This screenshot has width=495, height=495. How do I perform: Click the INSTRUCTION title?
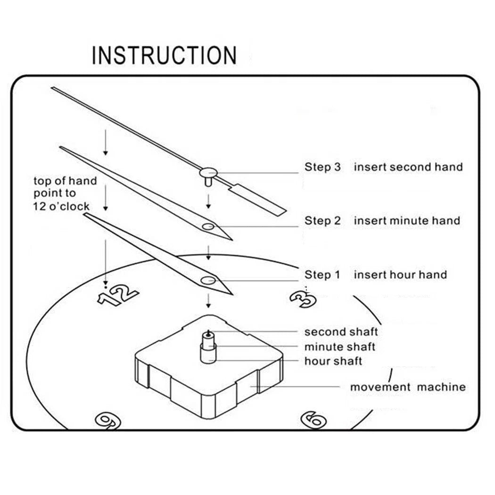[164, 56]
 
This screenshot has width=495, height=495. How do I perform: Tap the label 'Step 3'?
[322, 167]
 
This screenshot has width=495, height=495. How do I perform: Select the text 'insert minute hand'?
[407, 220]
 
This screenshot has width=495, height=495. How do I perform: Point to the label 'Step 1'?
[322, 275]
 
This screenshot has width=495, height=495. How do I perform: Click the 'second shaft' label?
[341, 332]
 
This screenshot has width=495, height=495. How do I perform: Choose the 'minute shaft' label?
[340, 346]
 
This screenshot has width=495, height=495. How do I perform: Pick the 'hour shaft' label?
[333, 361]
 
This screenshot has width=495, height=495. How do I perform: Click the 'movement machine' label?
[408, 387]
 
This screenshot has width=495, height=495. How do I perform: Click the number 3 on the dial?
[303, 299]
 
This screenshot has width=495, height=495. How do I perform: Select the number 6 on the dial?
[313, 420]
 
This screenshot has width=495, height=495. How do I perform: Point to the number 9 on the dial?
[108, 421]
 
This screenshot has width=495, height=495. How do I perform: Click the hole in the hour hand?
[208, 280]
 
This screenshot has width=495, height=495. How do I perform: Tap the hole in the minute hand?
[208, 226]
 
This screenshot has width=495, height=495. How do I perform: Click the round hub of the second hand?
[208, 173]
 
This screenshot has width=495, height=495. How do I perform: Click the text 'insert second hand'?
[408, 167]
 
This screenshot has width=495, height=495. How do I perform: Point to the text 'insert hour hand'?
[400, 275]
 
